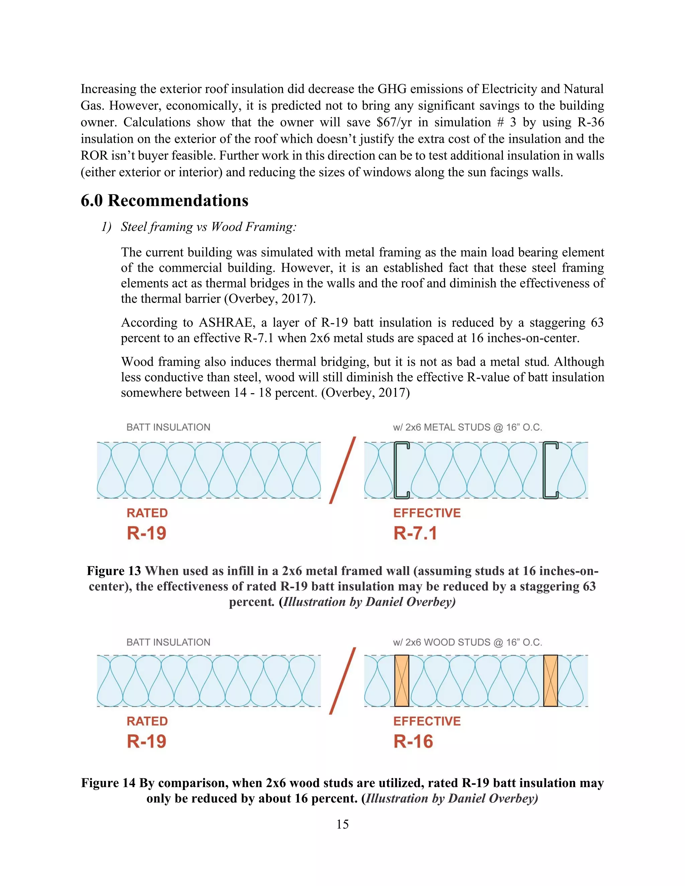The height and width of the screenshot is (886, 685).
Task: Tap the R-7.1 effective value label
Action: point(415,533)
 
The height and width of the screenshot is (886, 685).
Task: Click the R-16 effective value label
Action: point(413,741)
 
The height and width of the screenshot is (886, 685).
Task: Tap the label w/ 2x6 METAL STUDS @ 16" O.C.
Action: point(468,427)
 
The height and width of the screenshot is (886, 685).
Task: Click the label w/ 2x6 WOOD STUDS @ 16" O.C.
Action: point(468,642)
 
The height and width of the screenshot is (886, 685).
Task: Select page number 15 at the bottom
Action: point(342,824)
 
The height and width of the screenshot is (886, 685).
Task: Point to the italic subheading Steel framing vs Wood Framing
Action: point(209,227)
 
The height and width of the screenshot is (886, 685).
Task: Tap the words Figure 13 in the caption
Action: point(114,571)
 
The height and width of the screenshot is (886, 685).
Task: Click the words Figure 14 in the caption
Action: point(108,783)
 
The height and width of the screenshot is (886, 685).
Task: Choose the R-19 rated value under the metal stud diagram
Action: point(146,533)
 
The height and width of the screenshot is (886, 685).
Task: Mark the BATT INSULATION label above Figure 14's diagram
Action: point(169,642)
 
